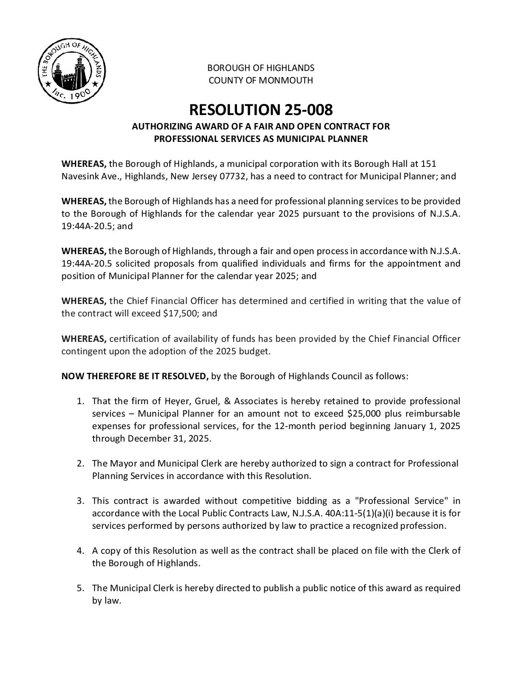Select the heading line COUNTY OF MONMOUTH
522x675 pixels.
coord(261,80)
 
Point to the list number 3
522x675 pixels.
coord(81,501)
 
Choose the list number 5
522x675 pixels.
coord(81,588)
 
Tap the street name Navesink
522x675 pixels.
coord(80,176)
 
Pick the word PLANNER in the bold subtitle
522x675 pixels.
coord(348,139)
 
